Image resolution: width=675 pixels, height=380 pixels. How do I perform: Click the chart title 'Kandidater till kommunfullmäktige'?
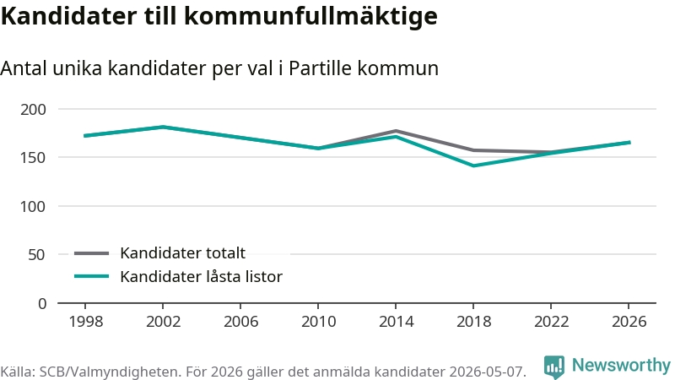(219, 17)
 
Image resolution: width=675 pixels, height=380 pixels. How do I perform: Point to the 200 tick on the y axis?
(33, 110)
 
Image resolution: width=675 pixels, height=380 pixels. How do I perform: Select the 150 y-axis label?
(33, 158)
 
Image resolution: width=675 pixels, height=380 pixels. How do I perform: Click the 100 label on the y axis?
(33, 206)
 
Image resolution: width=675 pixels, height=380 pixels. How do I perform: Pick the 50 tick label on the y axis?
(36, 255)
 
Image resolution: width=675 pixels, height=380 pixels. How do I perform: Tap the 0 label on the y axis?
(41, 304)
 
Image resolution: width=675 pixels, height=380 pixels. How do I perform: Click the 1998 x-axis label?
(86, 322)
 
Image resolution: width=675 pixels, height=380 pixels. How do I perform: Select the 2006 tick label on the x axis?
(240, 322)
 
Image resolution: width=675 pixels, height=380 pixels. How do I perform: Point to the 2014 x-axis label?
(396, 322)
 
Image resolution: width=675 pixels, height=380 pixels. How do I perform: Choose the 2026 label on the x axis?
(629, 322)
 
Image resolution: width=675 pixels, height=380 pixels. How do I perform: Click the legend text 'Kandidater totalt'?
(182, 252)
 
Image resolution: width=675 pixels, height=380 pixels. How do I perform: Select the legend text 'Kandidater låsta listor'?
(201, 277)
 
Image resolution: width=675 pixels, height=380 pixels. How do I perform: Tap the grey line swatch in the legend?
(91, 253)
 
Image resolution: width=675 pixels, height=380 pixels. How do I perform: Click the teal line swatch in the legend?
(91, 276)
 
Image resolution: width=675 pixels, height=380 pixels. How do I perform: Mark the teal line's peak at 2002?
(163, 128)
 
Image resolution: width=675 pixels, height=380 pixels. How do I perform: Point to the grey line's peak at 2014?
(396, 131)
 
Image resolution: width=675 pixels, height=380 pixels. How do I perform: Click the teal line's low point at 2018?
(473, 166)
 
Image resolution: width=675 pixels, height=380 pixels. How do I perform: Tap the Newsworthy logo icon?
(554, 366)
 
